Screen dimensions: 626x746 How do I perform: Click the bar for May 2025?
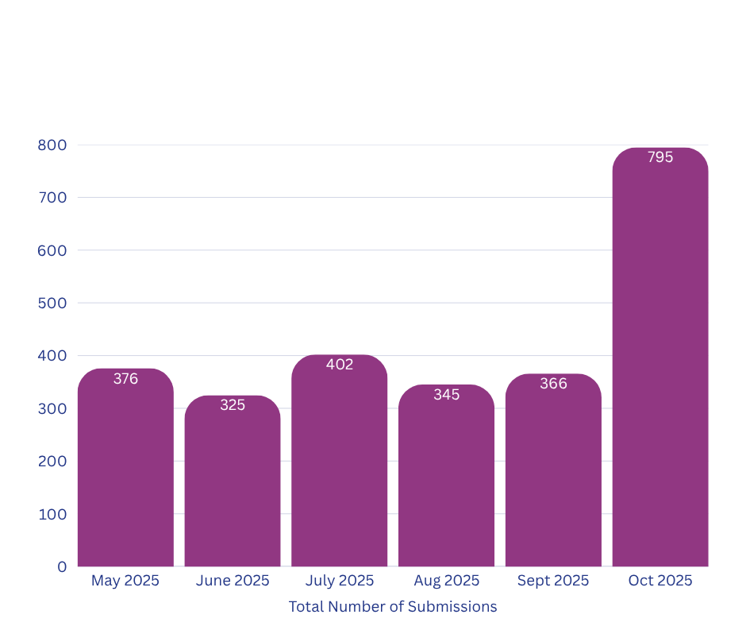[125, 477]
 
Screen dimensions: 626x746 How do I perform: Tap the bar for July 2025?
[340, 469]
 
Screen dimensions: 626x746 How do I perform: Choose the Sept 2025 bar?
[553, 477]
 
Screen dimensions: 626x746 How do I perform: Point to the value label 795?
[660, 157]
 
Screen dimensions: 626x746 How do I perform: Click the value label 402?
[340, 365]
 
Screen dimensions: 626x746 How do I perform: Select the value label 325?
[233, 405]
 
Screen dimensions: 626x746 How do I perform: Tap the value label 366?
[553, 384]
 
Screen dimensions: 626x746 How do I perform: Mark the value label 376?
[125, 379]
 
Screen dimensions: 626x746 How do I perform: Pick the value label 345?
[447, 395]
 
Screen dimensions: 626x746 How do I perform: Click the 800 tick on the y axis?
[52, 145]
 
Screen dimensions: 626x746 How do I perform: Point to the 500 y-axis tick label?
[52, 303]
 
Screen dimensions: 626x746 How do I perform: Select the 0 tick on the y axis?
[62, 567]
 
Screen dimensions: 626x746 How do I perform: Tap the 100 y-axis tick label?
[52, 514]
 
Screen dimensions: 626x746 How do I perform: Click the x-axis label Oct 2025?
[660, 581]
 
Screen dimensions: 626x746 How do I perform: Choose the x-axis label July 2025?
[340, 581]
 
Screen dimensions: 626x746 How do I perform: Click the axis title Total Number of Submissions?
[393, 607]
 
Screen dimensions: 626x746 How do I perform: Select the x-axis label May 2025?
[125, 581]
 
